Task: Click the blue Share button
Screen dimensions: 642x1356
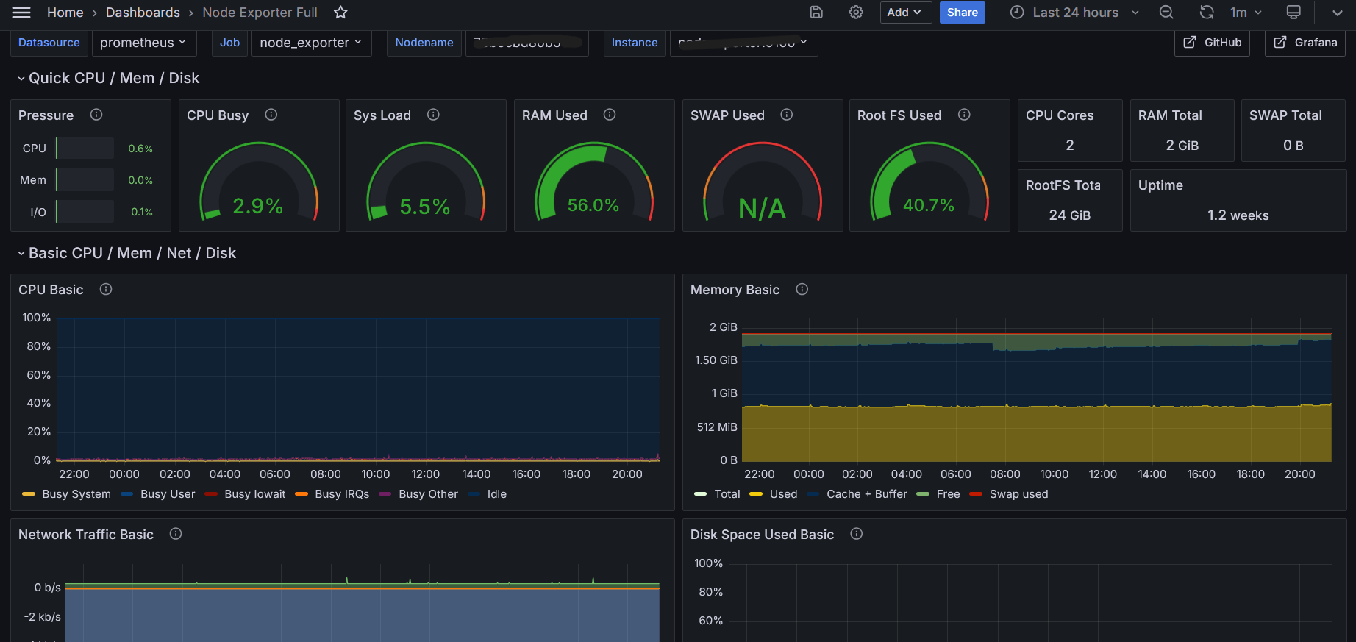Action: [962, 13]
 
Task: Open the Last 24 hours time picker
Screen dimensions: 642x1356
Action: [1074, 13]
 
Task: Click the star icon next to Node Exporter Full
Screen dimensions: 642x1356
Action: [340, 13]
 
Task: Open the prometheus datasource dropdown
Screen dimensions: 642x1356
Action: [143, 43]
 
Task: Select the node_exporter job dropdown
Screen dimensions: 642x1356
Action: [310, 43]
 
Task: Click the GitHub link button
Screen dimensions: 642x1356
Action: [1212, 43]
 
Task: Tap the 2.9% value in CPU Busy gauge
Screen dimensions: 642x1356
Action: [257, 206]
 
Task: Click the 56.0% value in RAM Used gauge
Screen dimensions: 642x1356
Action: [593, 205]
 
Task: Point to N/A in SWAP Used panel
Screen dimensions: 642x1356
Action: [762, 208]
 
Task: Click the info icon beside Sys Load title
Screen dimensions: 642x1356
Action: [433, 115]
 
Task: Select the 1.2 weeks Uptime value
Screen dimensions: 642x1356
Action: [1238, 215]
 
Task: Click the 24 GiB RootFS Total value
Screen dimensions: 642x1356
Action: [1069, 215]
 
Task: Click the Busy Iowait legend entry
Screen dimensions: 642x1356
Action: [254, 494]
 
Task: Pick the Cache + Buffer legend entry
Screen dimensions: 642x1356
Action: [866, 494]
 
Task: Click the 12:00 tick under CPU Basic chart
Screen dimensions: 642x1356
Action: [425, 474]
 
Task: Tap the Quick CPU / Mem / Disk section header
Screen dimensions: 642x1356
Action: [113, 78]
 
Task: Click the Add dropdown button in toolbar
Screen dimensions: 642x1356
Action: [905, 13]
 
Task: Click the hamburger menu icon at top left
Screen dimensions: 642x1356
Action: [21, 13]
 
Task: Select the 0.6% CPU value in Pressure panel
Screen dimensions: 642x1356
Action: [140, 149]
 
